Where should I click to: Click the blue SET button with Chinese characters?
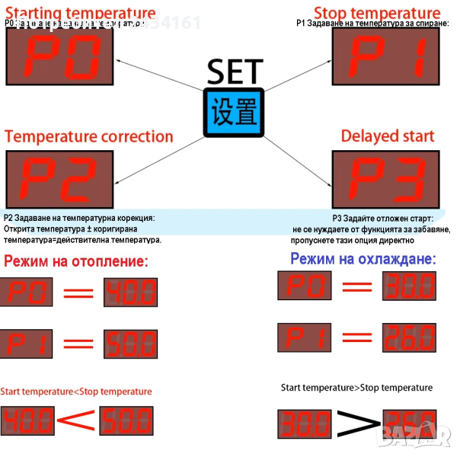point(234,113)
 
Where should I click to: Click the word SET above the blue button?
point(235,72)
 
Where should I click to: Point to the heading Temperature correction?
point(89,137)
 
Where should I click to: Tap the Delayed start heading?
point(388,137)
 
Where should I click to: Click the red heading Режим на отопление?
point(76,262)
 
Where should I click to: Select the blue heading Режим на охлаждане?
point(363,259)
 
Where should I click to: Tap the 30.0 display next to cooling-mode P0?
point(409,286)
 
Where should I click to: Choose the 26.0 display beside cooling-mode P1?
point(409,336)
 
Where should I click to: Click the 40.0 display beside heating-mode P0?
point(130,292)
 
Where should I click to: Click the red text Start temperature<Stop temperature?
point(76,391)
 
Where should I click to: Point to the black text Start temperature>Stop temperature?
point(356,388)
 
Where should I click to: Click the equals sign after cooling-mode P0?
point(356,287)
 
